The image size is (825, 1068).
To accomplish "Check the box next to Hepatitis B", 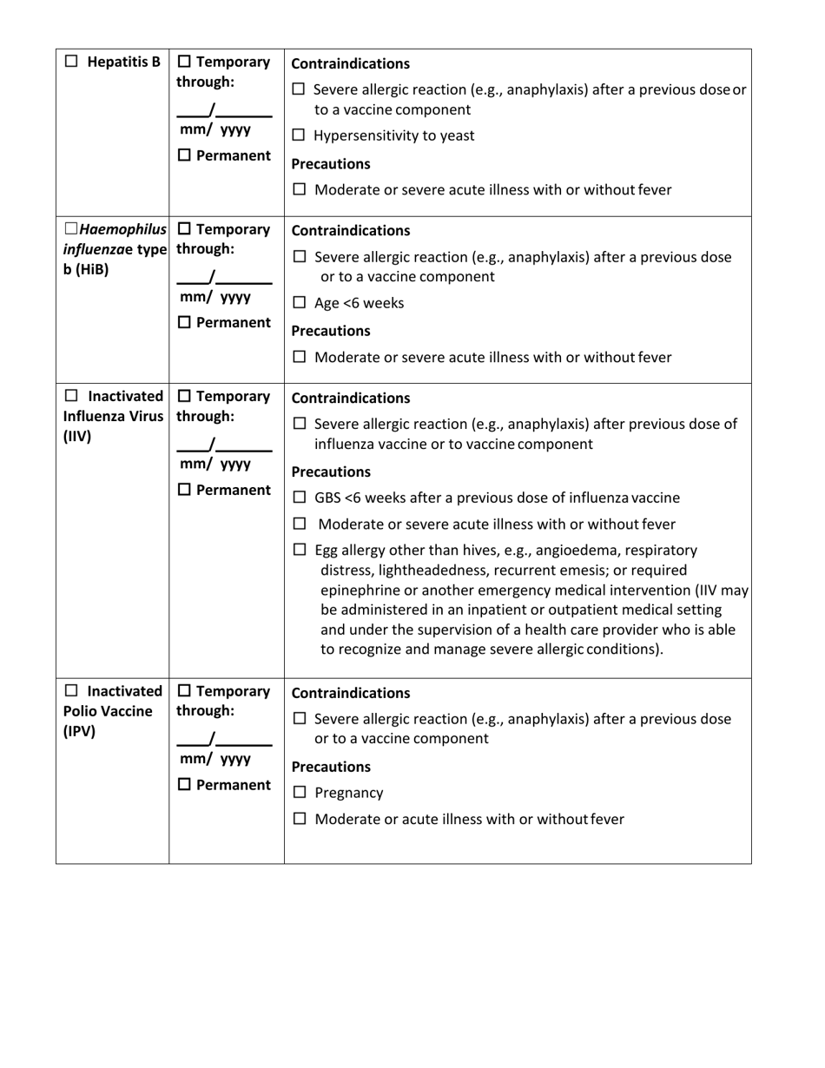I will coord(71,62).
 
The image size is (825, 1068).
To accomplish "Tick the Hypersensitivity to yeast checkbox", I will coord(299,136).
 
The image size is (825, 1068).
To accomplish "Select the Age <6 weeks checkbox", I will coord(299,303).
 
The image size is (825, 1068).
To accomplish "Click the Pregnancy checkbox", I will coord(299,793).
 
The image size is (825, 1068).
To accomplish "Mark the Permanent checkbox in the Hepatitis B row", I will coord(184,155).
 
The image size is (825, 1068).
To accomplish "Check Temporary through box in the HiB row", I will coord(184,229).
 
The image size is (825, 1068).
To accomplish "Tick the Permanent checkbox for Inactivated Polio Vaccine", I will coord(184,785).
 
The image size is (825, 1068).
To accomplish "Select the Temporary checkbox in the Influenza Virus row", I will coord(184,397).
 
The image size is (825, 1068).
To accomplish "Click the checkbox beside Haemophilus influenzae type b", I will coord(71,229).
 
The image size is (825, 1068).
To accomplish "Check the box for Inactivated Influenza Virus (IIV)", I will coord(71,397).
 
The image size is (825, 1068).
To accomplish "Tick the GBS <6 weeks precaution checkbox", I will coord(299,498).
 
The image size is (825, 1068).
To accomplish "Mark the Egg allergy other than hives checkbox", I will coord(299,550).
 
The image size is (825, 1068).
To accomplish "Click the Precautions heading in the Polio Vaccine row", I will coord(330,767).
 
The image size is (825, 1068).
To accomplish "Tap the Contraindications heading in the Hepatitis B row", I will coord(350,63).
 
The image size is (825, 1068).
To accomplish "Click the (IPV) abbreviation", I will coord(79,731).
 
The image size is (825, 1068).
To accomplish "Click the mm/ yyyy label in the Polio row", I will coord(214,758).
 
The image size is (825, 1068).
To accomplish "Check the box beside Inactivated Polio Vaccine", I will coord(71,691).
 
